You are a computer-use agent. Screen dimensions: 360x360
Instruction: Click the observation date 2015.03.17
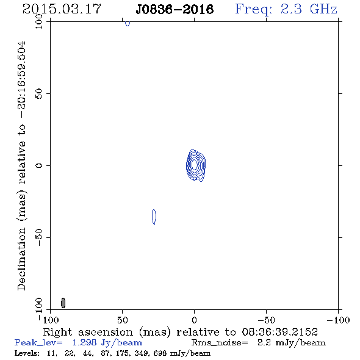[62, 9]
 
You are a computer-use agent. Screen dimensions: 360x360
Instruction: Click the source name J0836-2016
[175, 9]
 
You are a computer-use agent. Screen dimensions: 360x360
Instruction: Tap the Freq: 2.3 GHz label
[286, 9]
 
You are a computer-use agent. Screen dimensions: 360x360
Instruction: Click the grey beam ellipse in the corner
[63, 303]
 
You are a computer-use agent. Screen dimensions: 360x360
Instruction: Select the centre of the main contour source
[195, 165]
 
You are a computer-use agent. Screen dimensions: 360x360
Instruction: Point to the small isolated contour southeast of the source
[154, 217]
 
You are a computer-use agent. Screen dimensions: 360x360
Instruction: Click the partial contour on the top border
[128, 24]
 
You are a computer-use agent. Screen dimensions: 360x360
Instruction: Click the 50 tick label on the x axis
[122, 320]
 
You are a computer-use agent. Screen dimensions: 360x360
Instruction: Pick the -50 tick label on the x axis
[266, 320]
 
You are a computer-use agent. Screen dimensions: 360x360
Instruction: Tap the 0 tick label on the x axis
[194, 320]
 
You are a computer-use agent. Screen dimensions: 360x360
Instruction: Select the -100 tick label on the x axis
[338, 320]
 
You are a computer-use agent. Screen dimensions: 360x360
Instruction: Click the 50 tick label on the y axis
[39, 94]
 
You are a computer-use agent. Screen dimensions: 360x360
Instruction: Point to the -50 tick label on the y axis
[39, 237]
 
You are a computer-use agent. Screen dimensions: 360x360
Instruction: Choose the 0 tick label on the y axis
[39, 165]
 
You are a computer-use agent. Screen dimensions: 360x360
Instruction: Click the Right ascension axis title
[180, 332]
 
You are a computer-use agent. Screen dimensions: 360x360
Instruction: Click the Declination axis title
[21, 166]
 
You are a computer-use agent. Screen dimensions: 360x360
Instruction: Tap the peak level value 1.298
[84, 342]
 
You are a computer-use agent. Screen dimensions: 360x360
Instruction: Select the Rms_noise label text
[220, 343]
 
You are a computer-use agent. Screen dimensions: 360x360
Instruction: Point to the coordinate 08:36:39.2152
[280, 332]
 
